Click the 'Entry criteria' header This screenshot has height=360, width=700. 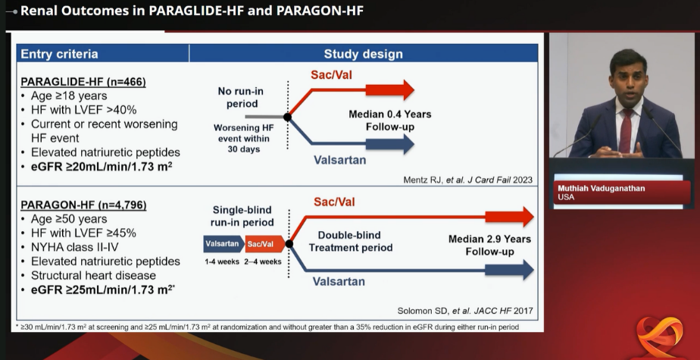click(59, 54)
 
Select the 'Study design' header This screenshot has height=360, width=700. click(364, 54)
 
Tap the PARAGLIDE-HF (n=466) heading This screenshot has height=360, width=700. click(83, 82)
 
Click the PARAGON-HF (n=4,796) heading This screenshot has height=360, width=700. click(84, 205)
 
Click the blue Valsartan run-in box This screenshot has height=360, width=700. click(223, 244)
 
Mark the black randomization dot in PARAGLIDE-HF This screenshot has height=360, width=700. click(288, 117)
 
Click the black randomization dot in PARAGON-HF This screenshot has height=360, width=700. click(289, 244)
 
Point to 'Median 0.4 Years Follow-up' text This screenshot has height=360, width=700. click(389, 121)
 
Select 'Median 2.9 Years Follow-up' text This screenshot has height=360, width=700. click(489, 246)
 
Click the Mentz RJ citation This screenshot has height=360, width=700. click(468, 180)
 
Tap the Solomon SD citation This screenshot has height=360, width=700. click(464, 311)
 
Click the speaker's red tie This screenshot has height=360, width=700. click(626, 130)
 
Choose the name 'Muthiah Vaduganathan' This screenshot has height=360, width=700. click(601, 189)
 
